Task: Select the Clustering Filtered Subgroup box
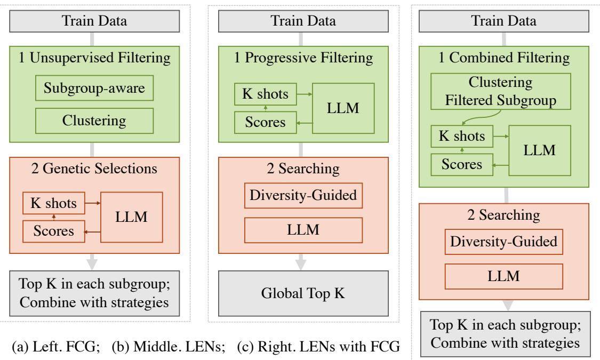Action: click(x=494, y=91)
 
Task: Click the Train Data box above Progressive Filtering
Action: click(x=303, y=22)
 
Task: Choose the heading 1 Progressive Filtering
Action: click(x=303, y=59)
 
